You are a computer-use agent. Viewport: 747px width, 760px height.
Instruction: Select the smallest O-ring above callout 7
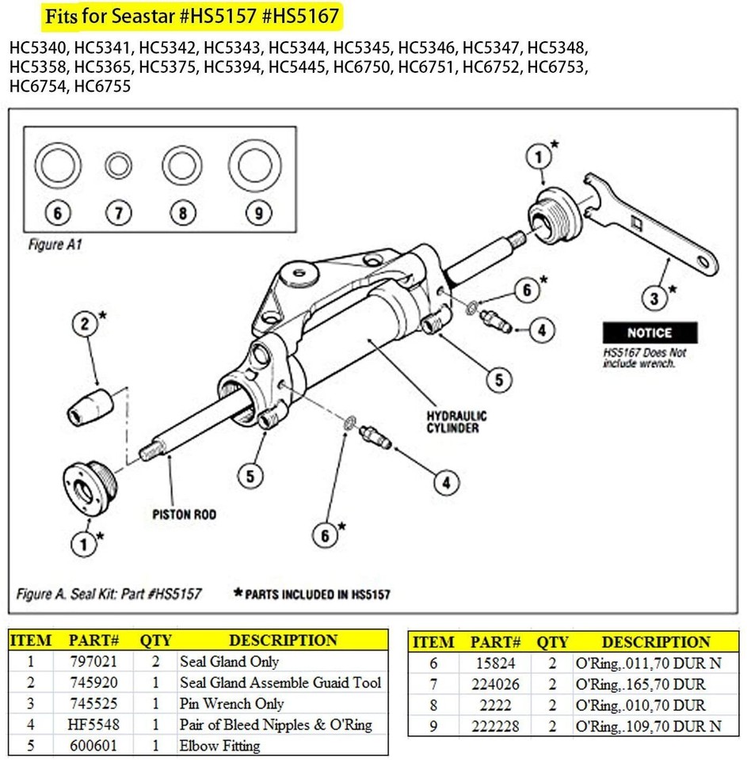(118, 167)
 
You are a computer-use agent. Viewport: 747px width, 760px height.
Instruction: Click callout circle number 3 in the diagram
(654, 298)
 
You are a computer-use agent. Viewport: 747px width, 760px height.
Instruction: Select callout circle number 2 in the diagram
(85, 324)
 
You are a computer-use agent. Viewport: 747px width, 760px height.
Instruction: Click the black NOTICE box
(649, 332)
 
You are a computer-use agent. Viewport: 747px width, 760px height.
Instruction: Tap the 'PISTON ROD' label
(185, 515)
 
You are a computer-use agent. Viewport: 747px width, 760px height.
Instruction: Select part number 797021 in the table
(94, 661)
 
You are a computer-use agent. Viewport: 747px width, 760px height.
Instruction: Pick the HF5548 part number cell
(94, 724)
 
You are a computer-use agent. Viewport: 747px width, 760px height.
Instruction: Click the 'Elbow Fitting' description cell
(219, 745)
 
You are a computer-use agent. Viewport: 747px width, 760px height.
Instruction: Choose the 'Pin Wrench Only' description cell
(231, 703)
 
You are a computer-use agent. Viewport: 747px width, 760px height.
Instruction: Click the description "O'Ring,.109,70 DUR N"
(647, 725)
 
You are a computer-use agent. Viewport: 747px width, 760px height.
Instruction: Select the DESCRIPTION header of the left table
(283, 640)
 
